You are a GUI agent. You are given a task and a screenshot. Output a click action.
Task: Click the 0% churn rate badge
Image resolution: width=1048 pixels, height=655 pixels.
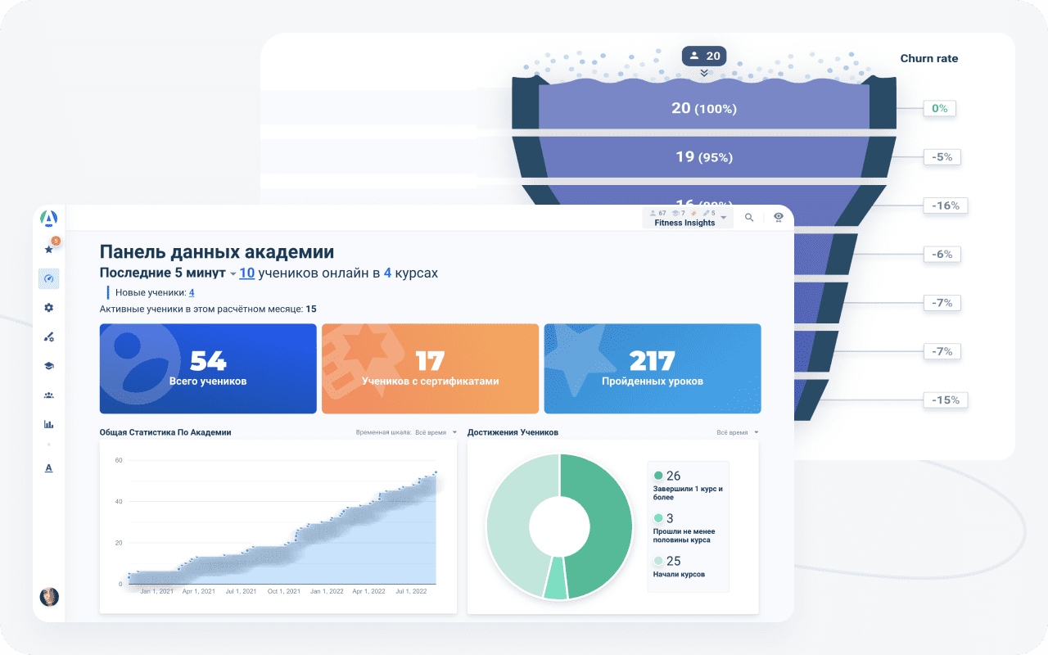pos(939,108)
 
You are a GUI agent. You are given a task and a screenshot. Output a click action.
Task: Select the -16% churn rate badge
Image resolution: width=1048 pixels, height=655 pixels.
pos(946,206)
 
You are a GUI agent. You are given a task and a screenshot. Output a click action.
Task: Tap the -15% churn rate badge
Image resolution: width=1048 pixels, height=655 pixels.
pos(946,400)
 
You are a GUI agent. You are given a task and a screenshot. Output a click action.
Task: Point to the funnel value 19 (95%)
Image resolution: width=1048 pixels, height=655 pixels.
pos(703,156)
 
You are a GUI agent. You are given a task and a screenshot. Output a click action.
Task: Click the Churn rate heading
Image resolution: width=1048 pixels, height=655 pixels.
pos(928,58)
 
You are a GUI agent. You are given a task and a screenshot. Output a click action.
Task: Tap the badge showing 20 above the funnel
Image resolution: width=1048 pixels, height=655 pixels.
pos(704,56)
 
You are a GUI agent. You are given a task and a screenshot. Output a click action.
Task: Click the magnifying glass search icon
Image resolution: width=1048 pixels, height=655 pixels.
pos(749,218)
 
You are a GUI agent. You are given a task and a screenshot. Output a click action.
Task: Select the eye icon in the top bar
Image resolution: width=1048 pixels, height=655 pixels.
pos(779,217)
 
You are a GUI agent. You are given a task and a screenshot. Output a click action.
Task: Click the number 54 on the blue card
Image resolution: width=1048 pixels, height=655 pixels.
pos(208,361)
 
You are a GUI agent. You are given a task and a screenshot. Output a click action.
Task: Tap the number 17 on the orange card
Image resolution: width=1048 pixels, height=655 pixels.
pos(430,361)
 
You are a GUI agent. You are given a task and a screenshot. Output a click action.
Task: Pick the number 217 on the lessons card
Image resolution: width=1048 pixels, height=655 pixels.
pos(652,361)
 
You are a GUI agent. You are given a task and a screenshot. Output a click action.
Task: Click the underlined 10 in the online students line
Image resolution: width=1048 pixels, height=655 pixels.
pos(246,273)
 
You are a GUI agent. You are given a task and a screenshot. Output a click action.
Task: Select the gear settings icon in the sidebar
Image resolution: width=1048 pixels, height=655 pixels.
pos(48,307)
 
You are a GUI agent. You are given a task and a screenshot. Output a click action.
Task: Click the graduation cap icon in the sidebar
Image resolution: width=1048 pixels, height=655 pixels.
pos(48,366)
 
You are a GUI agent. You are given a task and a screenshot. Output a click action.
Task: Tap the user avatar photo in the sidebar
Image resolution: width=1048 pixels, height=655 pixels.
pos(49,596)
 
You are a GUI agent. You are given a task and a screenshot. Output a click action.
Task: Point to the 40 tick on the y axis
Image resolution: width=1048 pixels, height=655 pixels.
pos(118,501)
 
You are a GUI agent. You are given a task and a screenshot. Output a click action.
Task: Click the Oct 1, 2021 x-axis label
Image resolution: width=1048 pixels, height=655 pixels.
pos(285,591)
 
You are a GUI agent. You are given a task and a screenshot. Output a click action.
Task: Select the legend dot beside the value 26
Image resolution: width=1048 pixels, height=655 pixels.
pos(658,476)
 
